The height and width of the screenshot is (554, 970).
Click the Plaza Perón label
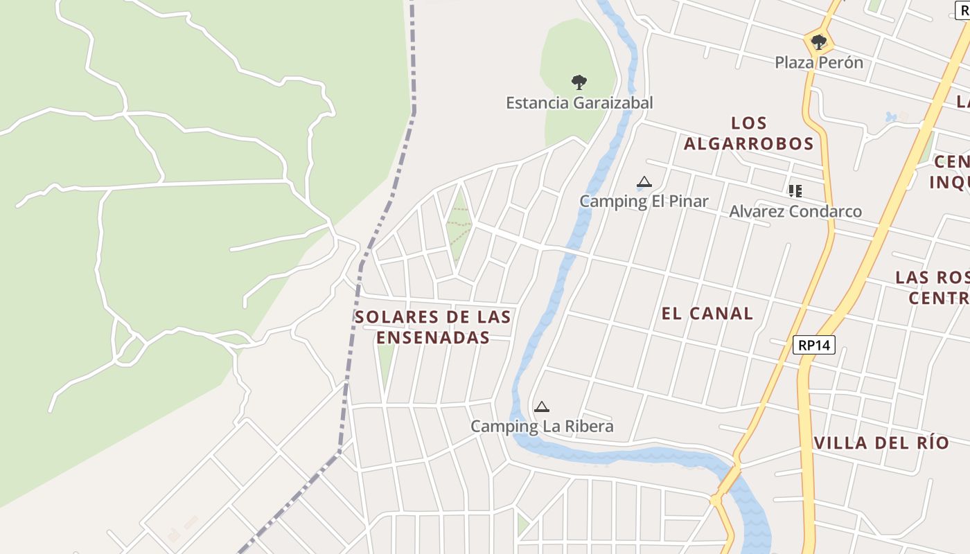[819, 62]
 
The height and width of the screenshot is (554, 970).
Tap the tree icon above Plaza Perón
[819, 42]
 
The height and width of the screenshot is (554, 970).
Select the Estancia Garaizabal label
[579, 103]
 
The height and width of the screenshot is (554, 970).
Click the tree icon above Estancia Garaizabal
[579, 82]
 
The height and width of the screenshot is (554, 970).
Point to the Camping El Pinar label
[644, 202]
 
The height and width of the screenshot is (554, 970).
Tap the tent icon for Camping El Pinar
[644, 182]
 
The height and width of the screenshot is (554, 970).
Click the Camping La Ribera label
[542, 426]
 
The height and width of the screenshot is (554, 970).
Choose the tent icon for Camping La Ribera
[542, 406]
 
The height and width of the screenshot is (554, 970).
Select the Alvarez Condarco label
[795, 211]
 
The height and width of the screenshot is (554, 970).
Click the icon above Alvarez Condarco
[795, 190]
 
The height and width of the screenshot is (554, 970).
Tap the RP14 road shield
[814, 345]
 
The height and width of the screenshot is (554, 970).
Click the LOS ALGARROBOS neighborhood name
[748, 134]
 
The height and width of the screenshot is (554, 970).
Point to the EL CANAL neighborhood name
[707, 314]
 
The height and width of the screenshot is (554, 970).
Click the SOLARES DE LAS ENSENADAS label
[433, 328]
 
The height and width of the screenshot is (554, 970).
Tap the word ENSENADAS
[433, 338]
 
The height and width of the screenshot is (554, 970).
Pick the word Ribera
[588, 426]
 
